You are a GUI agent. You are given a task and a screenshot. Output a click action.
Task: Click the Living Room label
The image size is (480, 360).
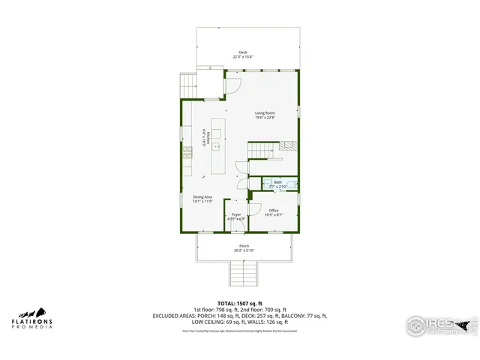(265, 113)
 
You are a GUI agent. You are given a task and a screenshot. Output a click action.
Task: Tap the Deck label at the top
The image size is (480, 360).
(243, 52)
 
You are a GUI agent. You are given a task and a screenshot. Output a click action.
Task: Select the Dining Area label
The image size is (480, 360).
(203, 196)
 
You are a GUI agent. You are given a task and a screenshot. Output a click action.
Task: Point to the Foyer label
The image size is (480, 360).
(236, 214)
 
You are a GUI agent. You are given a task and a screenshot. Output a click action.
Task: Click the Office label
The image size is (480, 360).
(274, 210)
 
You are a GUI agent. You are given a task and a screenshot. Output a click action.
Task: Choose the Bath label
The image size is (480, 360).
(277, 181)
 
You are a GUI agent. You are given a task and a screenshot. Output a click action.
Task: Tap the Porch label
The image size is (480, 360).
(244, 246)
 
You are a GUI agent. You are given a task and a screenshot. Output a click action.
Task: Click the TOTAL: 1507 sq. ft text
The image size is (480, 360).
(239, 303)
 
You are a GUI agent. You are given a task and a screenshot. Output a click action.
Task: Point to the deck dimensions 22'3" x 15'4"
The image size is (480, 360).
(243, 57)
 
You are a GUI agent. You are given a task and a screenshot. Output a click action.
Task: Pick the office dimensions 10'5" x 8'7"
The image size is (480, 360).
(274, 215)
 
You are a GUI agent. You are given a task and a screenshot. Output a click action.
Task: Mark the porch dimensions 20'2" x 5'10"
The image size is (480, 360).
(244, 250)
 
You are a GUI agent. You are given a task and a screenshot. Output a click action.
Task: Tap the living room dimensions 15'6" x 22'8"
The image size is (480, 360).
(265, 118)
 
